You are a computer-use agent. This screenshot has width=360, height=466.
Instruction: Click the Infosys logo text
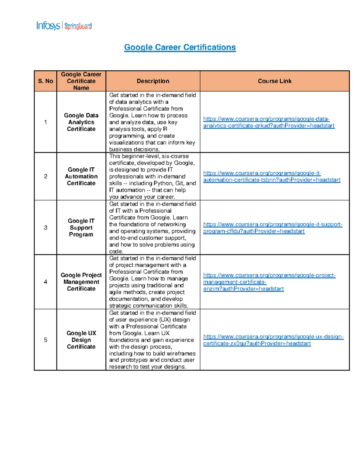(48, 26)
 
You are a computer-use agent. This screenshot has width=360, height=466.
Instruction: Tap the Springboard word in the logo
(78, 26)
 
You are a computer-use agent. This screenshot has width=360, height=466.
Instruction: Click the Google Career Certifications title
(180, 47)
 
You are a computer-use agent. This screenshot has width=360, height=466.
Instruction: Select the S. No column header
(46, 81)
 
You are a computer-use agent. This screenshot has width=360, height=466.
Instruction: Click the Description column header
(153, 81)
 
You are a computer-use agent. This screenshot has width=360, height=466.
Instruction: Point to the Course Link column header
(274, 81)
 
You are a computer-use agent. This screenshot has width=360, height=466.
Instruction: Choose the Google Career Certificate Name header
(81, 81)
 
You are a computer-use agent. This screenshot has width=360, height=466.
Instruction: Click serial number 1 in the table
(46, 122)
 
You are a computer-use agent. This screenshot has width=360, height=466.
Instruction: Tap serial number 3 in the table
(46, 227)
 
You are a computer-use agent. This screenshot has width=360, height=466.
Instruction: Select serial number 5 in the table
(46, 340)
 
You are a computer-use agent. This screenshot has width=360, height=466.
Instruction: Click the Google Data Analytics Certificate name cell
(81, 122)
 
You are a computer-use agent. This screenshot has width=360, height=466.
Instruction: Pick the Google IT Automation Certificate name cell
(81, 176)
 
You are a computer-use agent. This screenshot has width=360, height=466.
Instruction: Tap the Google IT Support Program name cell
(81, 227)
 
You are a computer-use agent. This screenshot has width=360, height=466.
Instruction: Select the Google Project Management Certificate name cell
(81, 282)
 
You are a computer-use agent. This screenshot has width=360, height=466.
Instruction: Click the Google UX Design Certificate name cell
(81, 340)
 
